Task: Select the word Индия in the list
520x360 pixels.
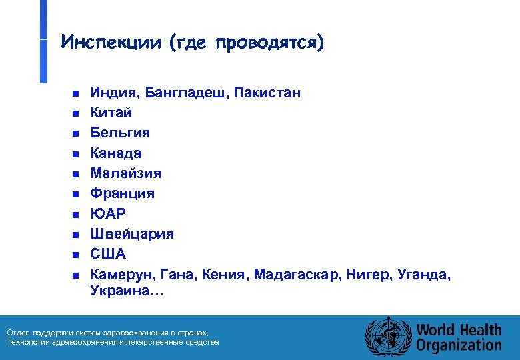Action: tap(109, 93)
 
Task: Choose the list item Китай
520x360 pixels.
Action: tap(111, 113)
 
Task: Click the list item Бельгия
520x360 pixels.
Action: tap(121, 133)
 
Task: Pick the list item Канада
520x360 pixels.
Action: tap(116, 153)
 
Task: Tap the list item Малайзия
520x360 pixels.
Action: tap(126, 173)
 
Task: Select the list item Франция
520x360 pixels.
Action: tap(123, 193)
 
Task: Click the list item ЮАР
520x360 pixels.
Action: tap(108, 214)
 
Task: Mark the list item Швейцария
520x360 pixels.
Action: tap(132, 234)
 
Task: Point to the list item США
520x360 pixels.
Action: tap(108, 254)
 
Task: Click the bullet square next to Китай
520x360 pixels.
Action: tap(75, 113)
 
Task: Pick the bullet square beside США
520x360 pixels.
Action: tap(75, 255)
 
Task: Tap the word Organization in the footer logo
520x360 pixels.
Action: tap(459, 345)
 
